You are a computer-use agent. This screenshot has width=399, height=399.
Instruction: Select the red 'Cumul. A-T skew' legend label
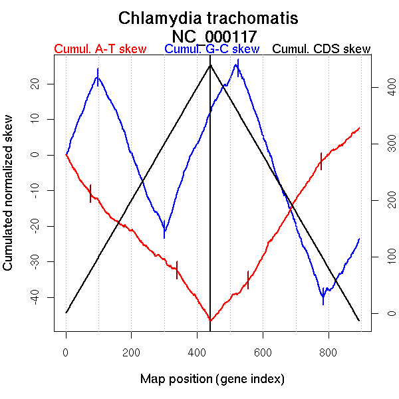pyautogui.click(x=100, y=49)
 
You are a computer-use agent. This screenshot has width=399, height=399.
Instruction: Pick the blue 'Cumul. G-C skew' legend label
pyautogui.click(x=211, y=49)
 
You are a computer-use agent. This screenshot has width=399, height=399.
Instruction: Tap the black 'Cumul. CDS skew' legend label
pyautogui.click(x=322, y=49)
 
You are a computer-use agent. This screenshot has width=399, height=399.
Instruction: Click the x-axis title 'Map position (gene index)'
pyautogui.click(x=212, y=379)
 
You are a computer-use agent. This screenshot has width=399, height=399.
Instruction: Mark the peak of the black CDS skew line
pyautogui.click(x=210, y=65)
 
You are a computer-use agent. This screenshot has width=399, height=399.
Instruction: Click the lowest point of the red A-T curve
pyautogui.click(x=210, y=321)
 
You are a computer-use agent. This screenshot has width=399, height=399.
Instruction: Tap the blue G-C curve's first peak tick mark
pyautogui.click(x=98, y=76)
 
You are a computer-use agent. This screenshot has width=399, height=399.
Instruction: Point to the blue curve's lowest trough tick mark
pyautogui.click(x=323, y=297)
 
